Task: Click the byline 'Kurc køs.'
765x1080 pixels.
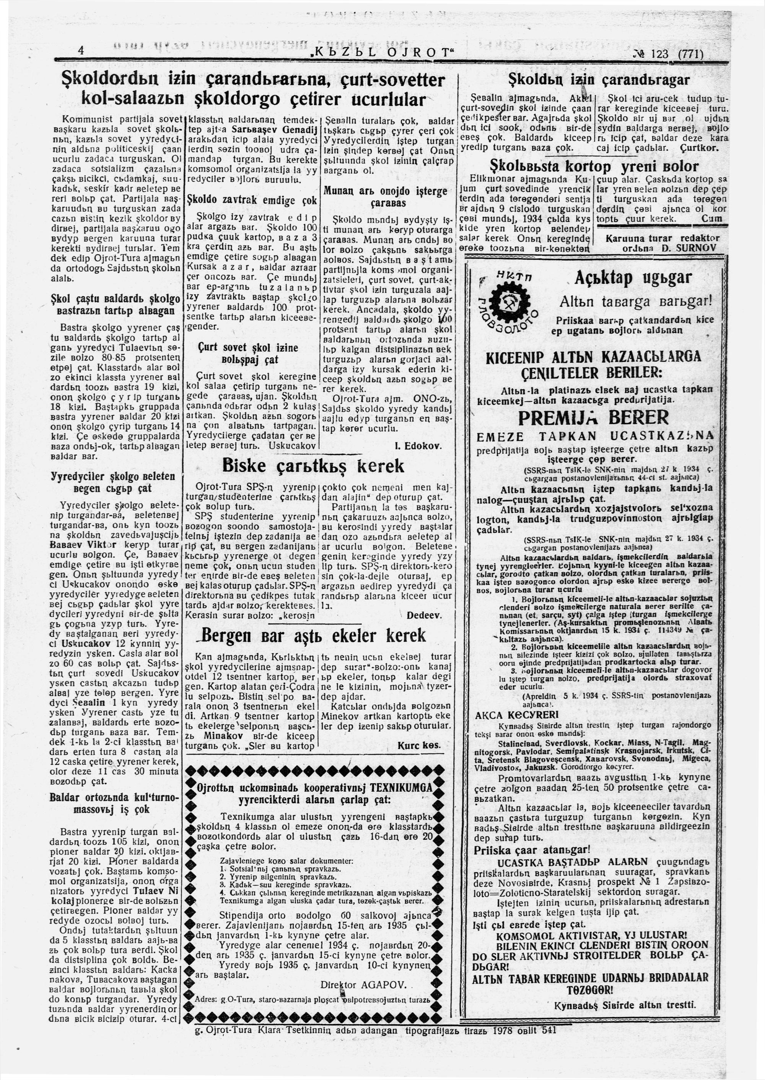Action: click(x=419, y=746)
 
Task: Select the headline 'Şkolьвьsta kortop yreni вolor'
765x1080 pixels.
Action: click(x=594, y=167)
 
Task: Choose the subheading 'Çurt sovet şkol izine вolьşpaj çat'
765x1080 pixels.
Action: click(x=250, y=353)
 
